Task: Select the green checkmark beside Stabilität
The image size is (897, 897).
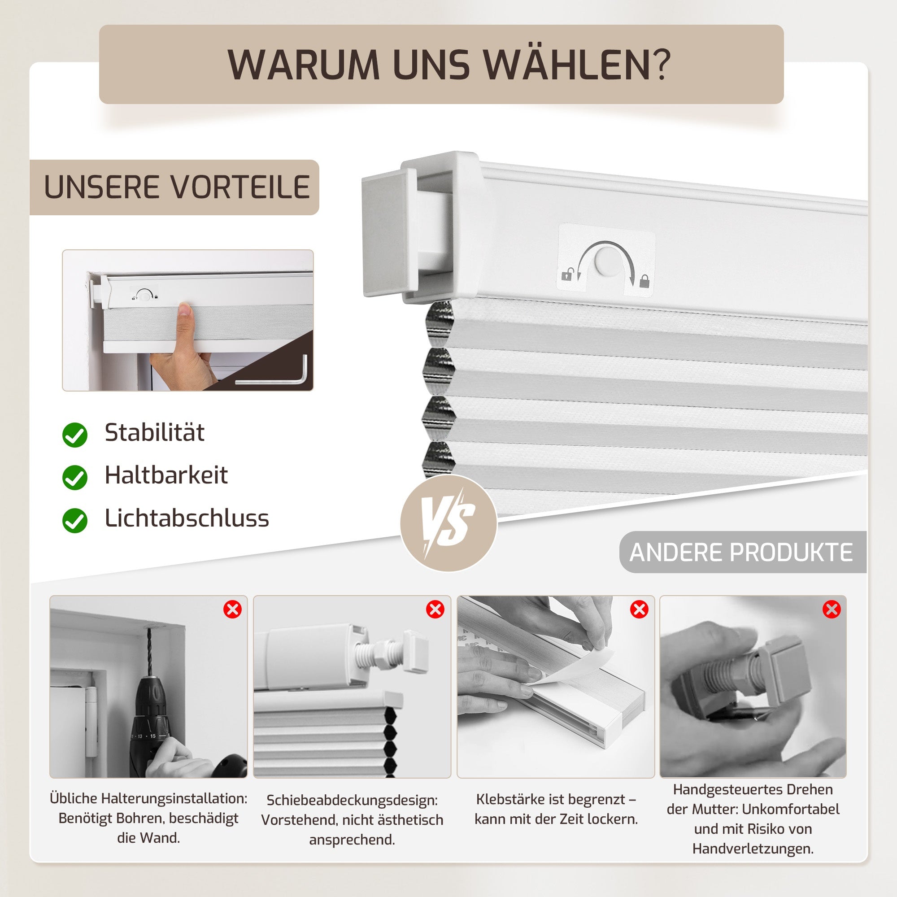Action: click(75, 435)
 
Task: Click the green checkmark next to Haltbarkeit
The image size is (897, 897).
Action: click(75, 478)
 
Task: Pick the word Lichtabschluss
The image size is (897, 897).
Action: click(187, 518)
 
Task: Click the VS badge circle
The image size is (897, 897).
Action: click(448, 523)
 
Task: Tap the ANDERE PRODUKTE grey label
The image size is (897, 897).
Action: click(741, 553)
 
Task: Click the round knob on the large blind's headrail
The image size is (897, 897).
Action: click(607, 260)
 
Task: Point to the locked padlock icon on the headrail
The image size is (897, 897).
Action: click(644, 280)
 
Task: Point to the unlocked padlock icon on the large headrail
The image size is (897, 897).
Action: click(567, 275)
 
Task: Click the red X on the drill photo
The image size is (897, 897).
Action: click(233, 609)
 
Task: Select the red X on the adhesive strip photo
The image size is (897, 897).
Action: click(639, 609)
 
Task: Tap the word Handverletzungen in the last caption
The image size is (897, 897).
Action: click(753, 849)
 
